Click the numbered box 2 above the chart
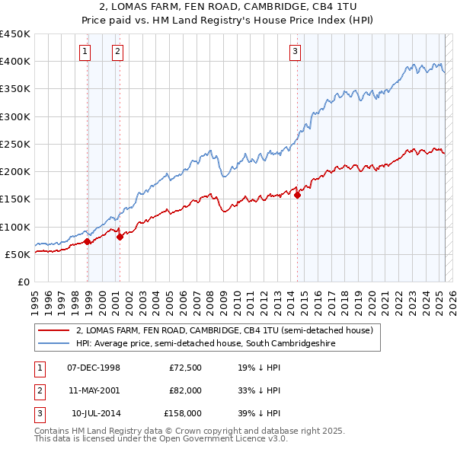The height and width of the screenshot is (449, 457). (118, 52)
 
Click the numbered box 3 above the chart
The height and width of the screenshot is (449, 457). (295, 52)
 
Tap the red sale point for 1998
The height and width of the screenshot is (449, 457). (88, 242)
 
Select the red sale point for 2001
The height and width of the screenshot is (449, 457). (120, 237)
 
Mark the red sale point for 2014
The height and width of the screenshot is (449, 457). (297, 195)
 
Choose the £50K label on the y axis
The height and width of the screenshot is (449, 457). (18, 254)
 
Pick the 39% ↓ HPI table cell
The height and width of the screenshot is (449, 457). (259, 413)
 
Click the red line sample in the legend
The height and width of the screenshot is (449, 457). (53, 330)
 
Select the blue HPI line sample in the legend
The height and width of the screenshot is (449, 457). (53, 343)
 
